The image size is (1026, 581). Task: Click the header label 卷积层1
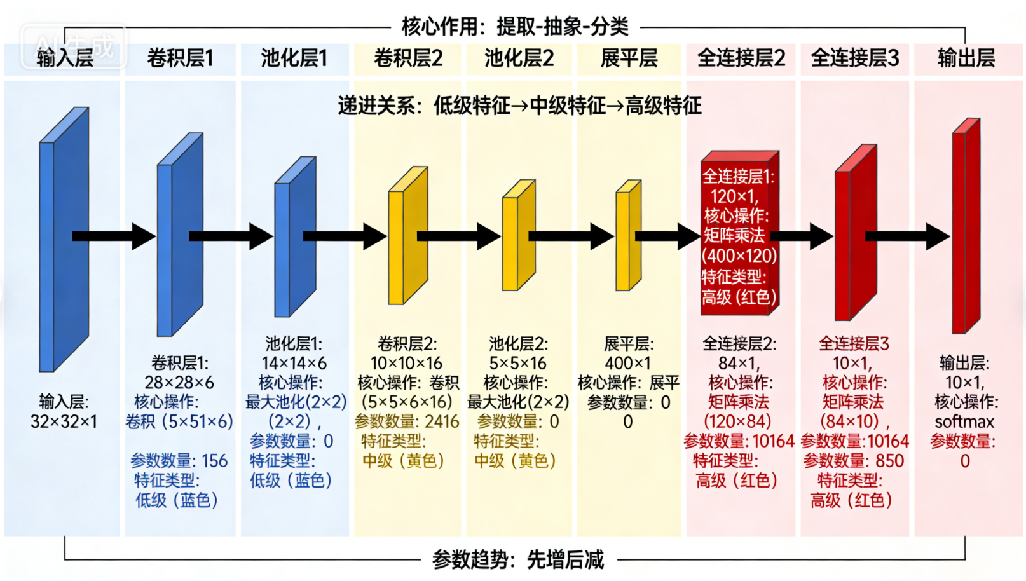pos(180,58)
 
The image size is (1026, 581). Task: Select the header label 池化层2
pos(519,58)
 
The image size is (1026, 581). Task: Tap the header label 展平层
pos(629,58)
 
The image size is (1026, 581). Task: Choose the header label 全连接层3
pos(855,58)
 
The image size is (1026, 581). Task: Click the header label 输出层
pos(966,58)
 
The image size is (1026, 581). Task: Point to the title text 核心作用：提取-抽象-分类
pos(515,27)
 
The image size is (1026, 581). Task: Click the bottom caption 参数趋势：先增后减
pos(518,560)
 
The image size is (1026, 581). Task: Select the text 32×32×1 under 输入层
pos(64,421)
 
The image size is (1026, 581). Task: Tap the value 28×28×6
pos(179,383)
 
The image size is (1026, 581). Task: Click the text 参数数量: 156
pos(179,461)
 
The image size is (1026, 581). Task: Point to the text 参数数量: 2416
pos(407,421)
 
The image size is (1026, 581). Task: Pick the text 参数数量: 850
pos(854,461)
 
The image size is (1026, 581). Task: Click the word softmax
pos(964,421)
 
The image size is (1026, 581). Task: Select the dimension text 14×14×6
pos(294,363)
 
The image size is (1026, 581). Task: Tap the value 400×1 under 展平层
pos(627,363)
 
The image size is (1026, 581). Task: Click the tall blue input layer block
pos(62,242)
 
